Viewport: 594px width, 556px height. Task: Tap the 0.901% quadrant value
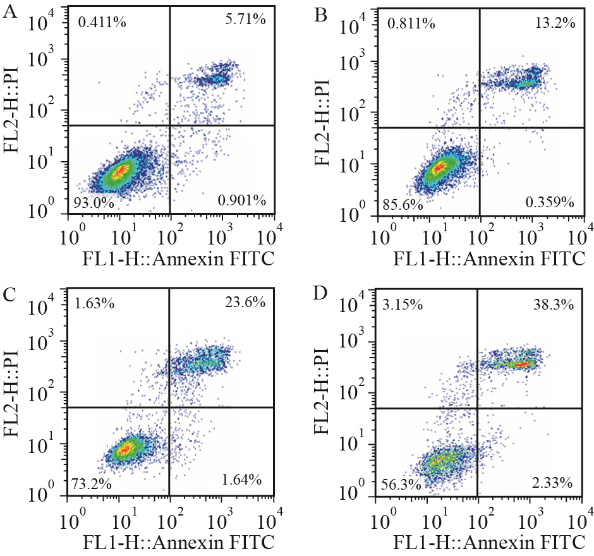[241, 202]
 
